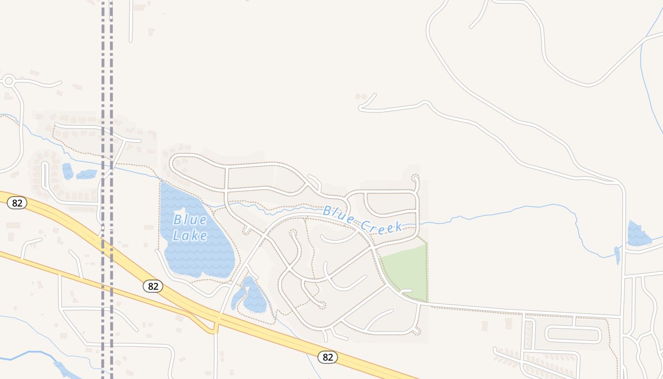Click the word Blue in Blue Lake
pos(190,220)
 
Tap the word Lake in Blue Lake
pos(190,235)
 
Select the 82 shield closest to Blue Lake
pos(152,286)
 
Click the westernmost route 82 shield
pos(17,203)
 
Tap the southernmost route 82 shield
pos(328,357)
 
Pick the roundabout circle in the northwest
pos(8,81)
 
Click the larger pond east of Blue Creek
pos(637,234)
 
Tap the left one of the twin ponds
pos(68,171)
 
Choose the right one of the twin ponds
pos(87,174)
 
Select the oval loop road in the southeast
pos(573,334)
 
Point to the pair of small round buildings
pos(361,96)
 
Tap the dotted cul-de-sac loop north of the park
pos(416,179)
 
